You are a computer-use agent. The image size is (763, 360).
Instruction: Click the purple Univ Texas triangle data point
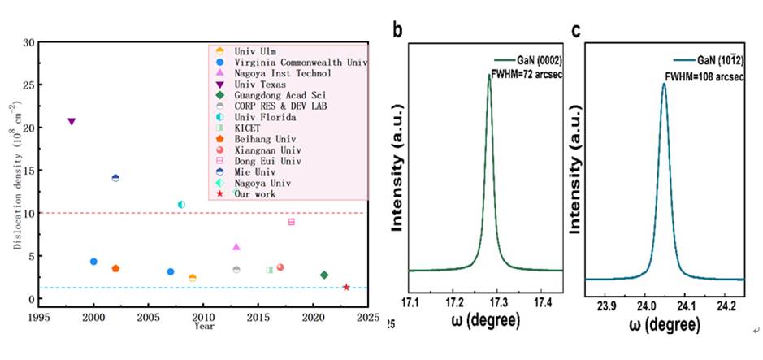pos(72,122)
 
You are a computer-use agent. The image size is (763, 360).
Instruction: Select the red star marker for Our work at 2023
pos(346,287)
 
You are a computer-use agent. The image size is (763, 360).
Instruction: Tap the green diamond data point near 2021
pos(324,275)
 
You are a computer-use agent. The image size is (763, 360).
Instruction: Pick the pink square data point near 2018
pos(291,222)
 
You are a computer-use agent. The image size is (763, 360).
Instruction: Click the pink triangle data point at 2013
pos(236,247)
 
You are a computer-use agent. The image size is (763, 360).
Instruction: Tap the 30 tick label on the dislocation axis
pos(28,42)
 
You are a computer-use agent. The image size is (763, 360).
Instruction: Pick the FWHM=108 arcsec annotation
pos(704,78)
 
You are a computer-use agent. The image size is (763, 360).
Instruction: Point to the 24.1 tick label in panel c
pos(684,308)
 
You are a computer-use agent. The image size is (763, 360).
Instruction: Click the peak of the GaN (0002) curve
pos(489,74)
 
